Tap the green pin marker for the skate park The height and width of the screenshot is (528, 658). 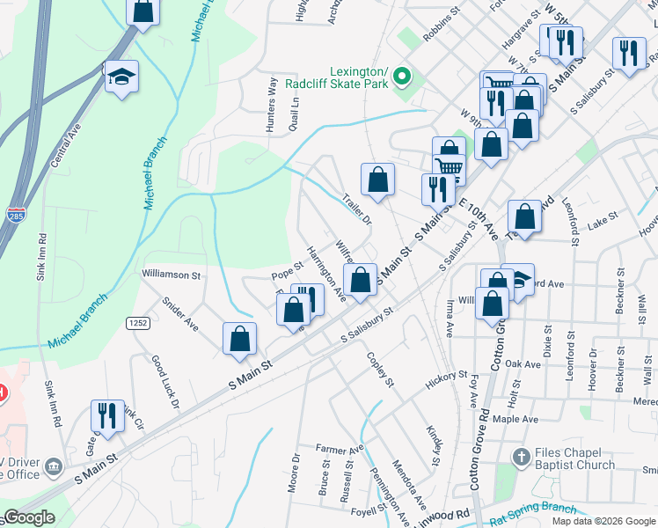pyautogui.click(x=402, y=77)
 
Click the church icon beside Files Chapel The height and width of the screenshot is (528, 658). pyautogui.click(x=522, y=458)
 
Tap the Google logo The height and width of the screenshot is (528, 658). pyautogui.click(x=28, y=517)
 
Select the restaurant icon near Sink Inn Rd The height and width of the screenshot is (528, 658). pyautogui.click(x=107, y=415)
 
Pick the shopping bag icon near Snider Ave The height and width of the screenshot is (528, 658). pyautogui.click(x=239, y=339)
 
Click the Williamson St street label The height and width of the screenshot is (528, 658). pyautogui.click(x=172, y=275)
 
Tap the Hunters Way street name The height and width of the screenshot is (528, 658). pyautogui.click(x=271, y=106)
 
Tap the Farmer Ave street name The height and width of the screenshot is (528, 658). pyautogui.click(x=340, y=450)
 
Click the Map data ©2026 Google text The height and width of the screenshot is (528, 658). pyautogui.click(x=603, y=521)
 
